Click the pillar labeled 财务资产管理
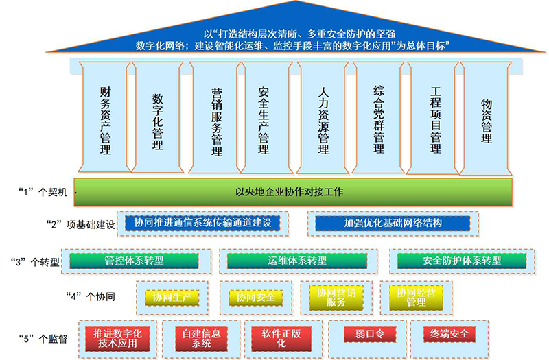click(x=105, y=117)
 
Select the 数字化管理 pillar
click(x=158, y=117)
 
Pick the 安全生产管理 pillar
click(x=267, y=117)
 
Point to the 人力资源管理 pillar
click(x=323, y=117)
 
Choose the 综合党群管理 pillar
click(x=378, y=117)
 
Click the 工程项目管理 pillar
click(x=434, y=118)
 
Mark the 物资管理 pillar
click(x=486, y=118)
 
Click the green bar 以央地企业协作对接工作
click(x=293, y=192)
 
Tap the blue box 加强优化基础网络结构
click(x=393, y=224)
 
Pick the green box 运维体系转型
click(x=297, y=261)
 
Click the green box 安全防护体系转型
click(x=462, y=261)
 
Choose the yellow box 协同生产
click(x=172, y=298)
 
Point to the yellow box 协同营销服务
click(x=336, y=298)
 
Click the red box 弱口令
click(x=370, y=334)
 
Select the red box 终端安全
click(x=449, y=334)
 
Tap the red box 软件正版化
click(x=281, y=339)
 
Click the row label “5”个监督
click(x=43, y=339)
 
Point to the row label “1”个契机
click(x=43, y=192)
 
